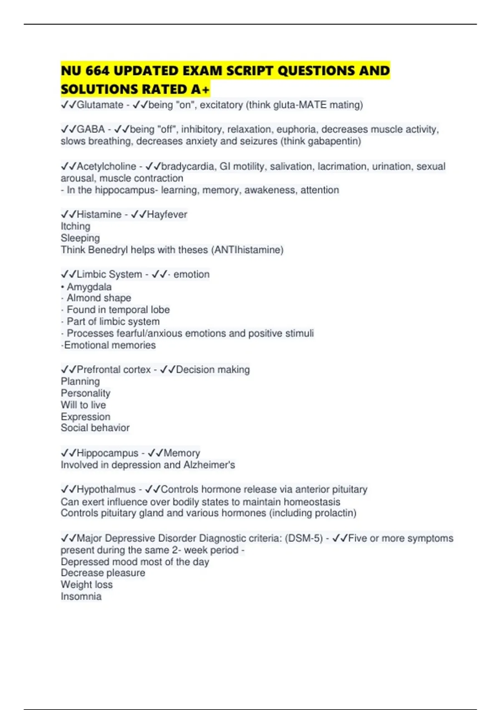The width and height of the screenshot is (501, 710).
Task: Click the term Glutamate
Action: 100,105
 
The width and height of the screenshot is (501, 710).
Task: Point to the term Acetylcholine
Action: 106,166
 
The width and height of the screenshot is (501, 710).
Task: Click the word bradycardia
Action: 187,166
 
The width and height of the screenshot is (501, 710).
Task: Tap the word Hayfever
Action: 167,214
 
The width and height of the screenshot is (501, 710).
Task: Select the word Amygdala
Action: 89,287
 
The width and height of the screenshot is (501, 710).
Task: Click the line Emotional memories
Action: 109,345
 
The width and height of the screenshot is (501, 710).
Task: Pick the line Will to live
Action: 83,405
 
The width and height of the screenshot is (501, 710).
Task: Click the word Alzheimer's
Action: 213,465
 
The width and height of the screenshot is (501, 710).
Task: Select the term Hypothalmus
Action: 106,489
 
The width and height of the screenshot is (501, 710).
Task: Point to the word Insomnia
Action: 81,596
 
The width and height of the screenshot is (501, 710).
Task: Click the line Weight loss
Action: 86,585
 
